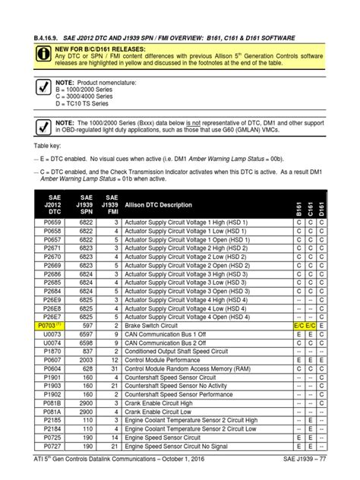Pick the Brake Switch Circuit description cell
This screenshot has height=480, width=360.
point(153,324)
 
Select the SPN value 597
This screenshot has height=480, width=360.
point(86,324)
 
